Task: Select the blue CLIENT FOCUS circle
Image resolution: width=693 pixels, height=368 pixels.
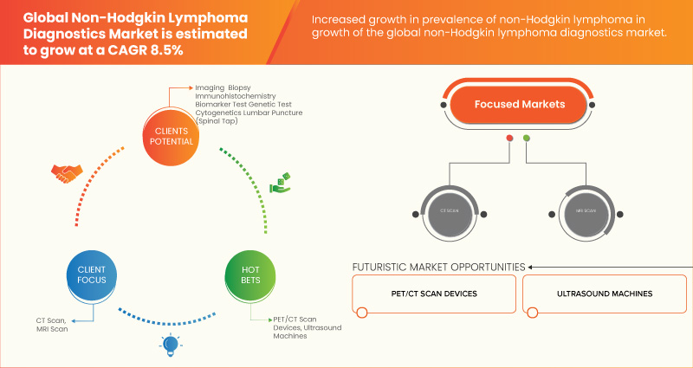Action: point(85,274)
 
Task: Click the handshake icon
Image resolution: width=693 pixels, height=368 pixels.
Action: point(65,174)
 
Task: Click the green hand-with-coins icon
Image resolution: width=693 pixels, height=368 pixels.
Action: point(279,184)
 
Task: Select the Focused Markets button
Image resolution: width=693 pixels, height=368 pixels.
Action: point(519,105)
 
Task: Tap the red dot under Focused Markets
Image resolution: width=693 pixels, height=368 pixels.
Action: point(509,139)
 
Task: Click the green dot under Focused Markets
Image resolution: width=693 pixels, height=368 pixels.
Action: point(526,139)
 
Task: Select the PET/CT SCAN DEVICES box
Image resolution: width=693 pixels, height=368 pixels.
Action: point(433,294)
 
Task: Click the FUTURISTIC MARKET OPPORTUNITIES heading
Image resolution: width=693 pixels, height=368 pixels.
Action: point(438,267)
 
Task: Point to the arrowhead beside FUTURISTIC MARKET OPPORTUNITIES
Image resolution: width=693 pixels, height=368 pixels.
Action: point(531,267)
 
